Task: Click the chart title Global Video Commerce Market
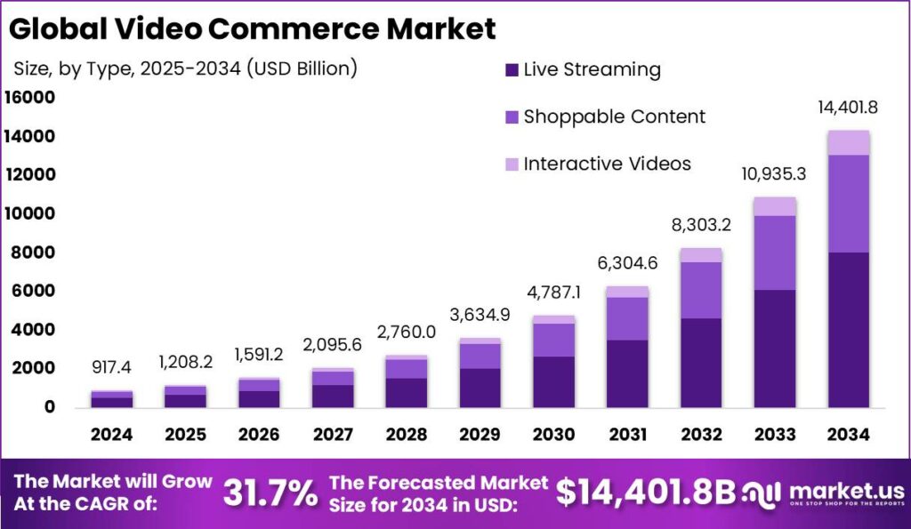254,28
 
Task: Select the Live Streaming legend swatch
512,70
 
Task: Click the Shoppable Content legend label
614,116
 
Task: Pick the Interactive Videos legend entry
607,164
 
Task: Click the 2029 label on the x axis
480,434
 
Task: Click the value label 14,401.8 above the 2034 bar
848,108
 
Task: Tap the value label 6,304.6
627,262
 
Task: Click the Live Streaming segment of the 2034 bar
848,329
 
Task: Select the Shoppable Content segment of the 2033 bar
774,252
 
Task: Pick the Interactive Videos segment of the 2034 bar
848,142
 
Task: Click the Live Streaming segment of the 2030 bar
553,381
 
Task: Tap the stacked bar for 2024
111,398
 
